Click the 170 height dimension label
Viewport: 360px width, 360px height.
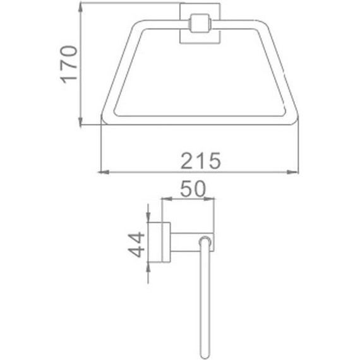[x=68, y=65]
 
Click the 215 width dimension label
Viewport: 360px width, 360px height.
[x=201, y=161]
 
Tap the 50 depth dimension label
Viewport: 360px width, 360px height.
[x=193, y=189]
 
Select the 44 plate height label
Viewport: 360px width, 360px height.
[x=136, y=244]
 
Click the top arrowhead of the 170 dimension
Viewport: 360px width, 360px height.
[x=80, y=9]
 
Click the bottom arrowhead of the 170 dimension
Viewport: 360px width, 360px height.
[x=80, y=121]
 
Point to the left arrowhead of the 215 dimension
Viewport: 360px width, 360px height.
[x=104, y=172]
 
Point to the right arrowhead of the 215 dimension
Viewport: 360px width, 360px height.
[x=293, y=172]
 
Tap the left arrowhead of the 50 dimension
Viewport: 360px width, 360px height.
[x=167, y=199]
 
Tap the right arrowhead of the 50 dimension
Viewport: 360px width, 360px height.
[x=209, y=199]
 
